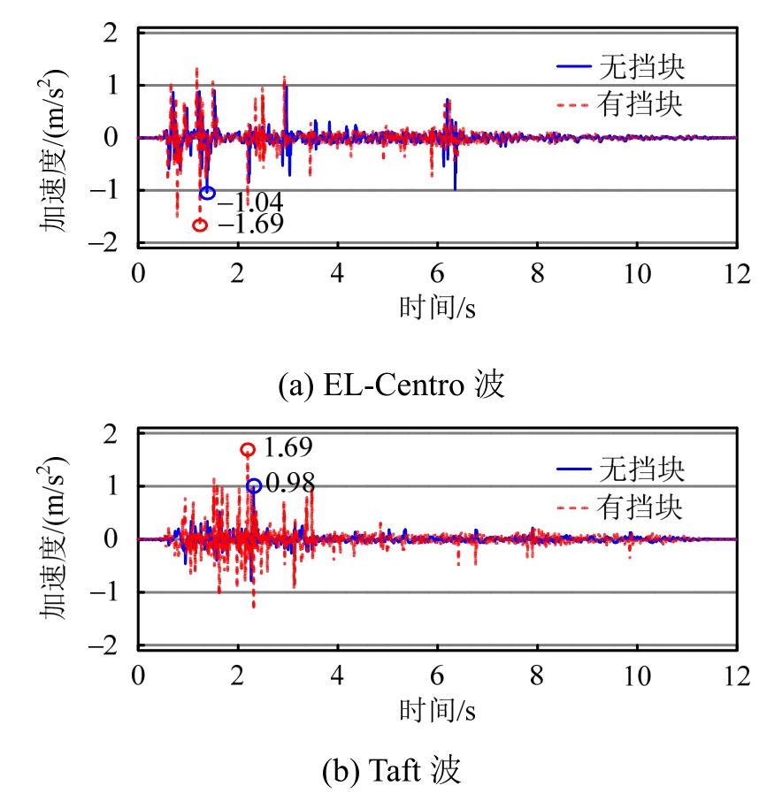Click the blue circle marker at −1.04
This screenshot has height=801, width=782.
click(208, 193)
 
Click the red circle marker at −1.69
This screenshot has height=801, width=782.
click(200, 225)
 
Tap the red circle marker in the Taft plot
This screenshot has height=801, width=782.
click(248, 450)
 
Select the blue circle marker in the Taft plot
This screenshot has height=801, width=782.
click(254, 485)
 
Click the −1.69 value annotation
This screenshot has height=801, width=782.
click(250, 225)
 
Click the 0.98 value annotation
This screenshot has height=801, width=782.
click(289, 484)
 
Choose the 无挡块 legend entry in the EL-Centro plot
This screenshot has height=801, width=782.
click(620, 67)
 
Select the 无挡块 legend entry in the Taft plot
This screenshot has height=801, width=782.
click(620, 469)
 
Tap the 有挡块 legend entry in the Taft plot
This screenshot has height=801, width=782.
click(620, 507)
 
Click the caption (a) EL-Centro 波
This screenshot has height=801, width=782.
click(391, 386)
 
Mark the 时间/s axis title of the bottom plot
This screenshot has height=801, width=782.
click(437, 708)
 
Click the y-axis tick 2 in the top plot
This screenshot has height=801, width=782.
click(111, 33)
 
